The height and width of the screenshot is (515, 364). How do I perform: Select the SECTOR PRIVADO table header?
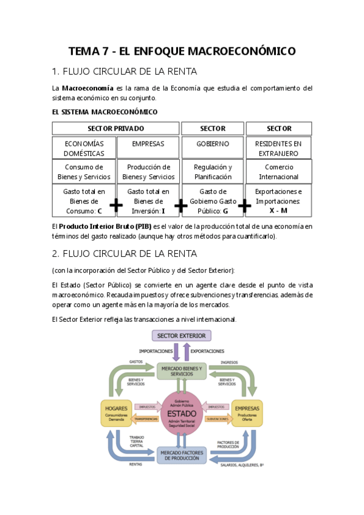[115, 128]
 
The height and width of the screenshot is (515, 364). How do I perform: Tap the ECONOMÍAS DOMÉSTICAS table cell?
[83, 149]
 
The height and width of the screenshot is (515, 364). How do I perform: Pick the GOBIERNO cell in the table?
[213, 144]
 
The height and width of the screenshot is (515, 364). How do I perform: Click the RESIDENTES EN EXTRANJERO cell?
[278, 149]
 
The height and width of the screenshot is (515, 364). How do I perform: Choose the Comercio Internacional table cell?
[278, 172]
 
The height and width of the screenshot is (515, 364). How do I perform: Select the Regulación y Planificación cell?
[213, 172]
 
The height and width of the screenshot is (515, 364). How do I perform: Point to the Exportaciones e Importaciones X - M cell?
[278, 201]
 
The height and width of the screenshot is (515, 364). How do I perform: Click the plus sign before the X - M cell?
[244, 206]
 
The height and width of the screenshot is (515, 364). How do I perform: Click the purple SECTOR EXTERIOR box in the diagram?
[181, 335]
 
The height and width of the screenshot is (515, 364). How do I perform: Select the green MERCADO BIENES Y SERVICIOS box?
[181, 370]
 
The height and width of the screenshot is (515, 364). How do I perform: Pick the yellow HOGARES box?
[115, 413]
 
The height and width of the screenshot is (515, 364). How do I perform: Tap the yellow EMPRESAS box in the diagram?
[247, 413]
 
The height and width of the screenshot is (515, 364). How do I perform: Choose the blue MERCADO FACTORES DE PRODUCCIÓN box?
[181, 455]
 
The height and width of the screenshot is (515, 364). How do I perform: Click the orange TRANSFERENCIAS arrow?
[146, 419]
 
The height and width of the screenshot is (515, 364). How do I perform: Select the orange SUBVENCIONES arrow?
[218, 419]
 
